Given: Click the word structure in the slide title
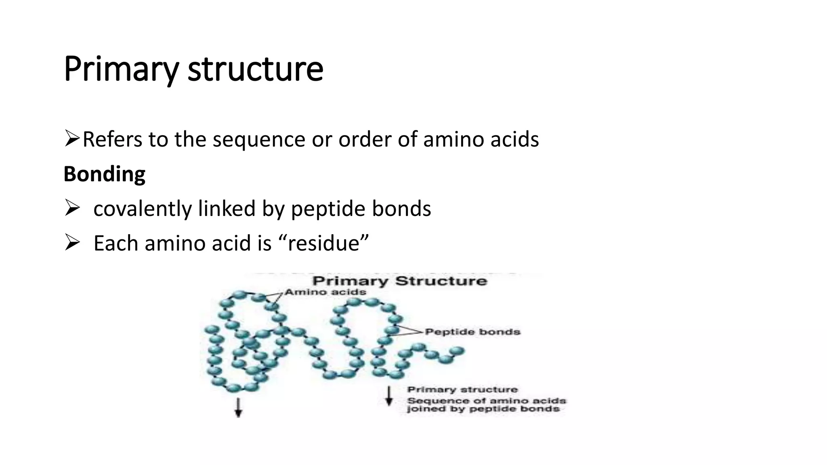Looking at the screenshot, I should (x=255, y=69).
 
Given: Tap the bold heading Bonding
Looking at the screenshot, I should (x=104, y=174).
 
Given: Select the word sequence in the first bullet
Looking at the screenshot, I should (x=259, y=140).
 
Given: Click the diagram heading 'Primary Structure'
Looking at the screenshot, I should (x=400, y=281).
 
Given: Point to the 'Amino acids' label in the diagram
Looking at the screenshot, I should (x=325, y=292).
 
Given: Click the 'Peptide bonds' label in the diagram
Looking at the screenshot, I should (x=472, y=332).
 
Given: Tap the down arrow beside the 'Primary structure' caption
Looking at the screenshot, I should (x=389, y=396).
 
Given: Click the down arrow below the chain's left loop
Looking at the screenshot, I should (x=238, y=407).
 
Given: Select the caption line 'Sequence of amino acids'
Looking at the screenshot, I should (x=486, y=401).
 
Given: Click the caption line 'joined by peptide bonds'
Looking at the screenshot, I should (x=483, y=409).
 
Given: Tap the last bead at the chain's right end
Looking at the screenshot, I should (x=458, y=351).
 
